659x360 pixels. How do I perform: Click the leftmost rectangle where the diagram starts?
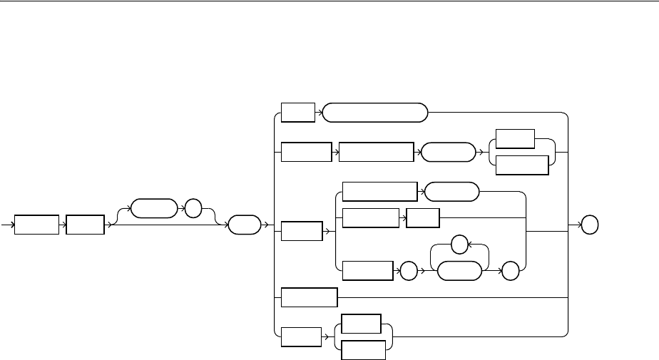[x=36, y=226]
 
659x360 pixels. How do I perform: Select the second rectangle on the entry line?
[x=84, y=226]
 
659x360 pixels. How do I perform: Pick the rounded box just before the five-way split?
[x=244, y=226]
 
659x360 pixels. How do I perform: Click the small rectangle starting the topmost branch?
[x=297, y=113]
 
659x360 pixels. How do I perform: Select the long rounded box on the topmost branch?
[x=375, y=113]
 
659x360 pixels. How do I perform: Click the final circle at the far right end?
[x=589, y=226]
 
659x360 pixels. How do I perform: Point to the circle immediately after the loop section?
[x=509, y=272]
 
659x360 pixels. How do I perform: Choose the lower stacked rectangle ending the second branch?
[x=521, y=165]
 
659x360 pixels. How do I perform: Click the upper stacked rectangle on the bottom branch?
[x=361, y=324]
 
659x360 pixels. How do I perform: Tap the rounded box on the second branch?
[x=449, y=153]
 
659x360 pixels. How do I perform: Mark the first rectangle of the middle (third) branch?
[x=302, y=231]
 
